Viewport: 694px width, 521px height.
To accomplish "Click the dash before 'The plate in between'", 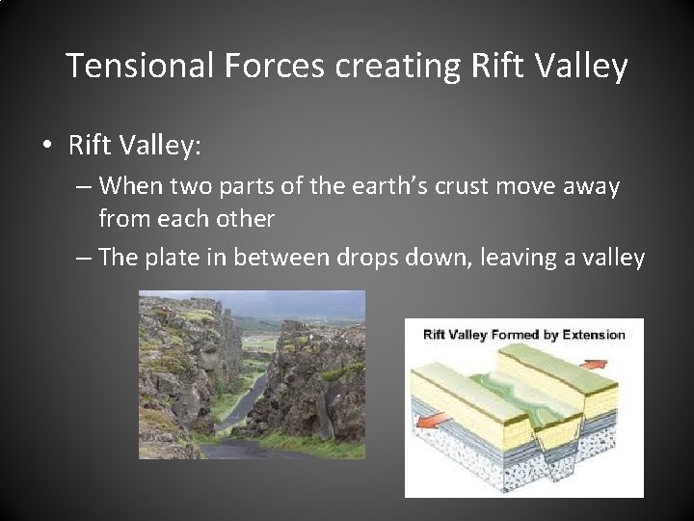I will [x=83, y=258].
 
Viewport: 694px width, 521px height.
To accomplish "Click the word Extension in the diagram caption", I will [x=591, y=335].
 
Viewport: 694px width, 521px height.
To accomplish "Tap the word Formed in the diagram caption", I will [x=519, y=335].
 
